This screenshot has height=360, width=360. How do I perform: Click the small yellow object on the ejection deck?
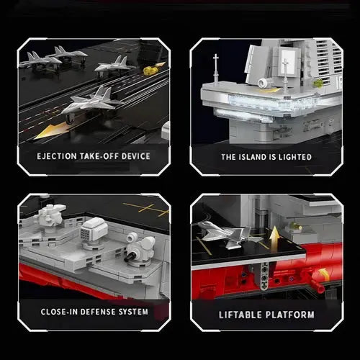150,71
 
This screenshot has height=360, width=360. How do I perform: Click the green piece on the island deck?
318,83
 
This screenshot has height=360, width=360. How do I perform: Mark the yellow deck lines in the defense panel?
148,210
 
